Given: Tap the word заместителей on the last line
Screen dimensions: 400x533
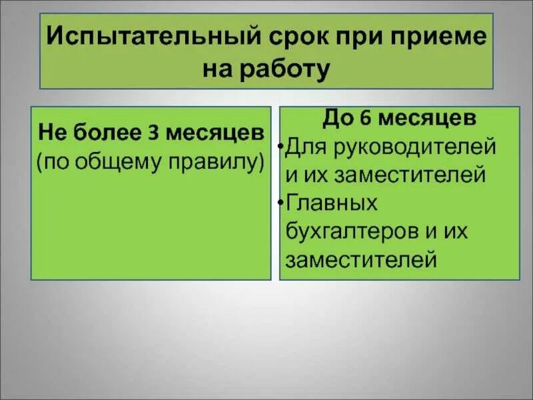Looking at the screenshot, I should click(x=360, y=259).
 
